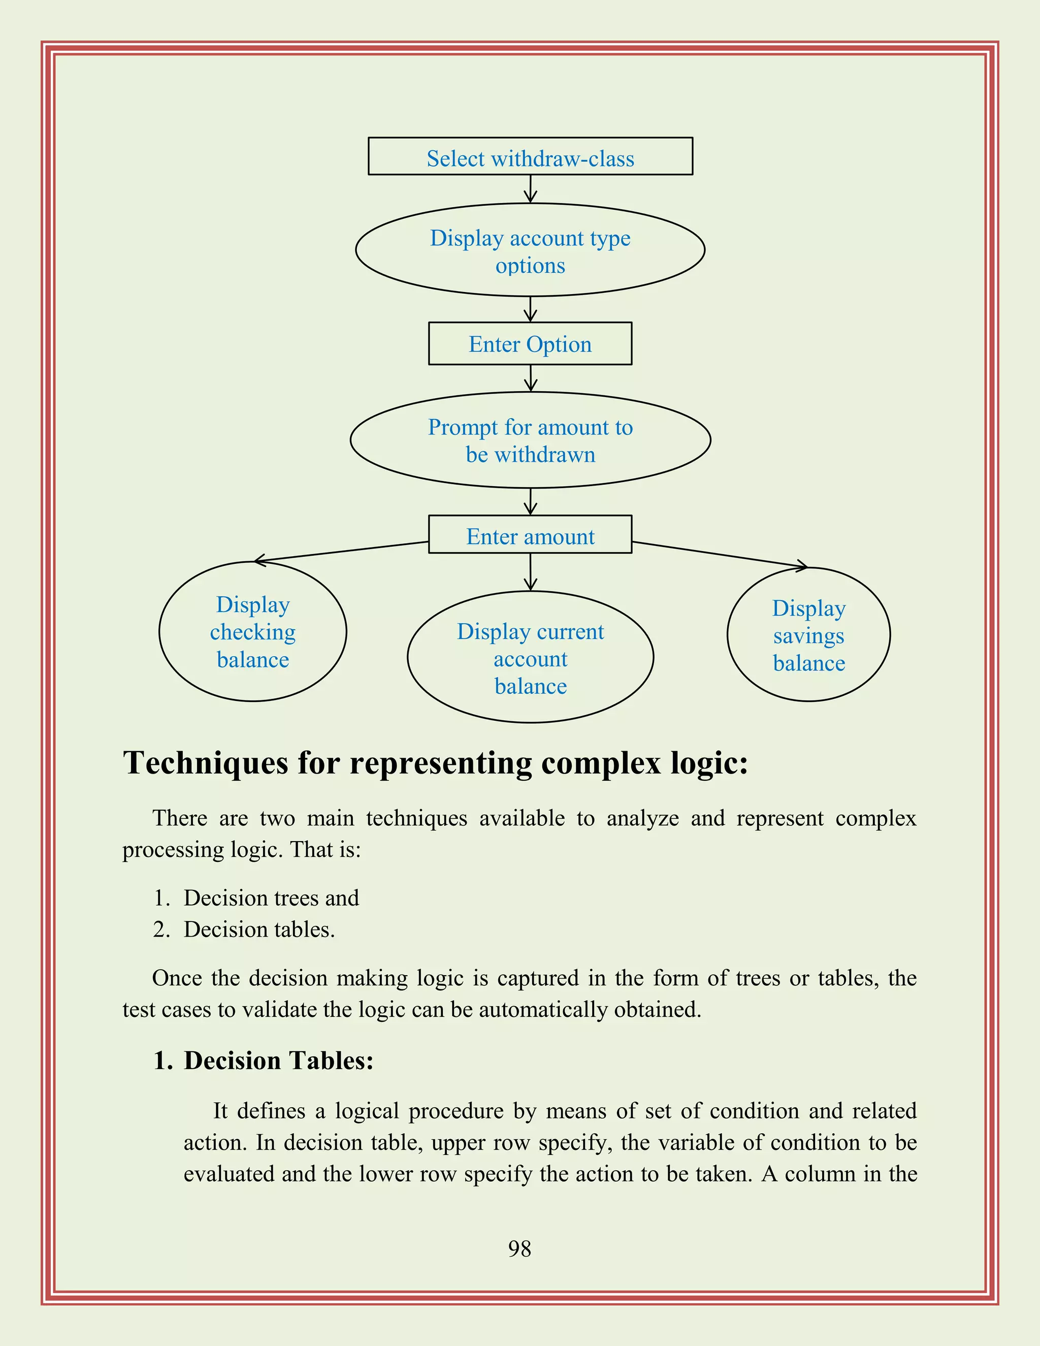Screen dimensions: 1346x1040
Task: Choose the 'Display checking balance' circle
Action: tap(252, 632)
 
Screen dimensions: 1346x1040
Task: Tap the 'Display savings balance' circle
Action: tap(808, 635)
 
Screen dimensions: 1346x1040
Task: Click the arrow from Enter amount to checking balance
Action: tap(342, 551)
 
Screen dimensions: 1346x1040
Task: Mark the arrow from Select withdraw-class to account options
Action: tap(531, 188)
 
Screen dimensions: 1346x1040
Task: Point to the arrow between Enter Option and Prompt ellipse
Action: tap(531, 378)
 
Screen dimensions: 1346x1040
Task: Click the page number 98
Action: tap(519, 1248)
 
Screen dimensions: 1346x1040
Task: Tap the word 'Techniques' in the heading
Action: tap(206, 763)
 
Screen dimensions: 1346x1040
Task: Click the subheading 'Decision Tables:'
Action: tap(278, 1060)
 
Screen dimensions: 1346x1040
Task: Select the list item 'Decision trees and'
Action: tap(271, 898)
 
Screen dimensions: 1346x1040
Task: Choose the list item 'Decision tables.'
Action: tap(259, 930)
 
